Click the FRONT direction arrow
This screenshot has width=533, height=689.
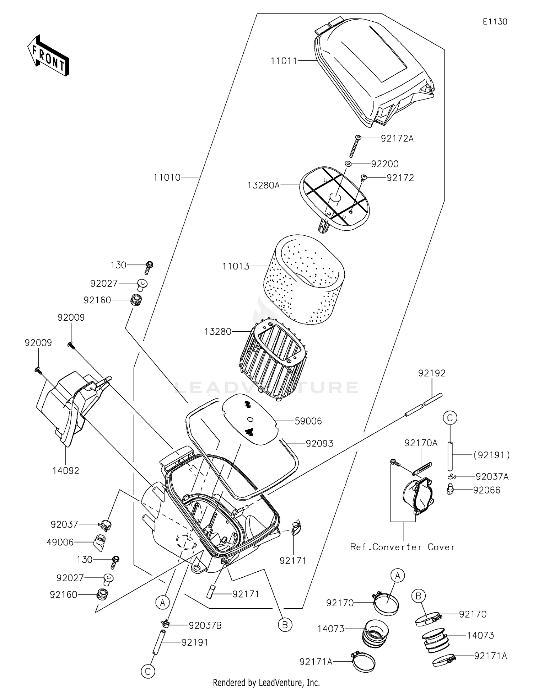pos(48,55)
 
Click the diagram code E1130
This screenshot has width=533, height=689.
pos(495,22)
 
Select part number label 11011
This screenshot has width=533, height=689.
pos(284,61)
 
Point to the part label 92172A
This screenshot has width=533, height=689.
pos(397,139)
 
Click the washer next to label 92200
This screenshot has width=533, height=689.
pos(348,164)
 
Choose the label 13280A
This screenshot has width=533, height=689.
pos(264,185)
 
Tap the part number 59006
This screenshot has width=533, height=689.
pos(308,421)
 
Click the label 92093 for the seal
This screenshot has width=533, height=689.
pos(319,443)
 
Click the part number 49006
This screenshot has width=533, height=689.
pos(60,542)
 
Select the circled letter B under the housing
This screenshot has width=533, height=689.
pos(285,625)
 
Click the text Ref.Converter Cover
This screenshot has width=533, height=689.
pos(402,547)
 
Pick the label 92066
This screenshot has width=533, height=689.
pos(486,490)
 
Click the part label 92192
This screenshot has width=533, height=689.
pos(431,373)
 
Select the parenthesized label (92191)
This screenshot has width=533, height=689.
pos(491,455)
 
